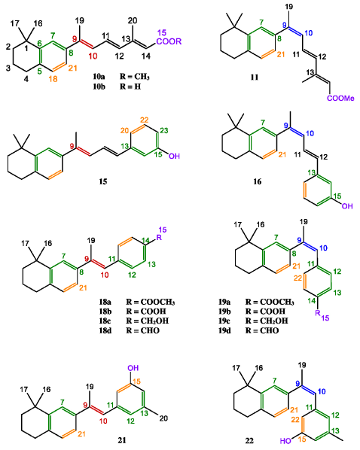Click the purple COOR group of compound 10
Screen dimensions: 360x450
click(169, 41)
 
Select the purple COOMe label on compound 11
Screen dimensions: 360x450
click(340, 99)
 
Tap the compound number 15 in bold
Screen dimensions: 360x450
click(103, 181)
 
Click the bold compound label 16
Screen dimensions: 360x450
click(257, 181)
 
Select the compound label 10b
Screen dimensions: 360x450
click(99, 86)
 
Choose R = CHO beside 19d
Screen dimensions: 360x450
click(262, 330)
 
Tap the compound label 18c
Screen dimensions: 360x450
click(105, 321)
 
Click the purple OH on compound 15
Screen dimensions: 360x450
click(174, 156)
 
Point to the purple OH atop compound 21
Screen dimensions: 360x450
click(133, 368)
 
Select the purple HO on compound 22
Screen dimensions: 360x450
click(286, 440)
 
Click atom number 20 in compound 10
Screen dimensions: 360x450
click(133, 20)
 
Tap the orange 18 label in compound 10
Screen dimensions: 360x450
click(53, 79)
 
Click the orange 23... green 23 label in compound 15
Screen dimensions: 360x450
click(163, 130)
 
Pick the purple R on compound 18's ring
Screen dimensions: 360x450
click(159, 238)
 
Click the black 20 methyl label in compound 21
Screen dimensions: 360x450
click(163, 418)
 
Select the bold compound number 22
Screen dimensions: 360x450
click(249, 440)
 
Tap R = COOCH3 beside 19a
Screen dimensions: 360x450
click(270, 302)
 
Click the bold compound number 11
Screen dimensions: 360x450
click(255, 78)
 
